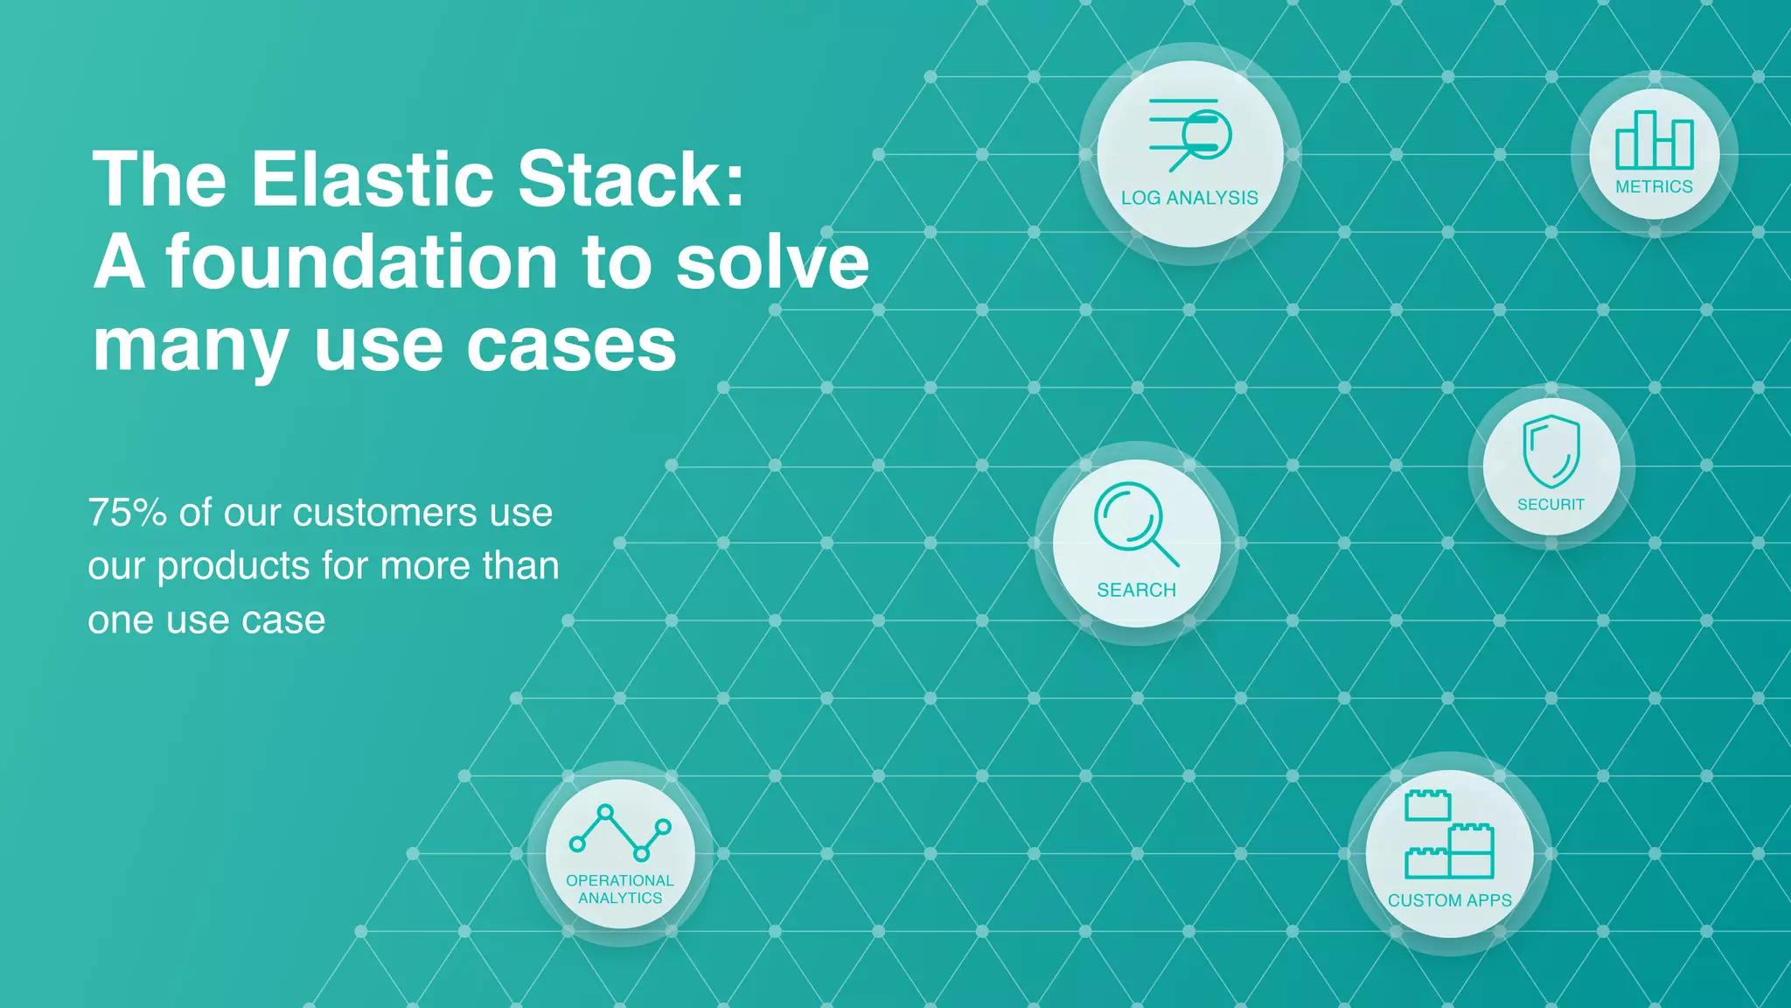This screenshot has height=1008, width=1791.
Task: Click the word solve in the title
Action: [x=772, y=262]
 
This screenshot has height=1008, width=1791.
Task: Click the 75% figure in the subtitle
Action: [x=128, y=513]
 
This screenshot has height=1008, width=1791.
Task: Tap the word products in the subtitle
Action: [x=233, y=566]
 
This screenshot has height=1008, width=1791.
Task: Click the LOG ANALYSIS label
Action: [x=1189, y=198]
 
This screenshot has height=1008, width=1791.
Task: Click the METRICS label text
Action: [x=1654, y=186]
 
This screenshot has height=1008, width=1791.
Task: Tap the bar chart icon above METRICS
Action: [x=1654, y=140]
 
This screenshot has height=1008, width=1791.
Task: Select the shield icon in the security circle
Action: [x=1551, y=451]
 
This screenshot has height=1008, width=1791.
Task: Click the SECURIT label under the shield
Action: [x=1551, y=505]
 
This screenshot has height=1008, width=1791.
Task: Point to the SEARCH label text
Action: [x=1136, y=591]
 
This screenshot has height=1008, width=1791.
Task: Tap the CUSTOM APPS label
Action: [x=1449, y=900]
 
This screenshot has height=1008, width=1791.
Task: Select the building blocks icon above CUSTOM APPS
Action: [x=1449, y=834]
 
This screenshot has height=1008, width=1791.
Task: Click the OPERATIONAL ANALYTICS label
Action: [x=620, y=889]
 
